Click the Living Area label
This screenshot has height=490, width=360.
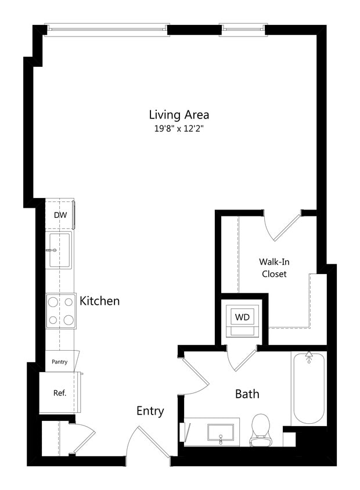[x=179, y=114]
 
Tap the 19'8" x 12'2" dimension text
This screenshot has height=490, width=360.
[x=179, y=129]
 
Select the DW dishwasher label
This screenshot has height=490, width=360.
[x=60, y=215]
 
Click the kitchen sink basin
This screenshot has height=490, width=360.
[x=60, y=250]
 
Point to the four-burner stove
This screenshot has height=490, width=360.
[x=61, y=311]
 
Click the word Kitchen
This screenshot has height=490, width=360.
[x=100, y=301]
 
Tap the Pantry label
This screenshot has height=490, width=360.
[x=60, y=362]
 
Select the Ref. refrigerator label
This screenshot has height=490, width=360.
[x=60, y=392]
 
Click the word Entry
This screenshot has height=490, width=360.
[x=150, y=411]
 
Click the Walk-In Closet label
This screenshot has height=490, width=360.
[x=274, y=268]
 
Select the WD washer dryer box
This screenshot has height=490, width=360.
[x=242, y=318]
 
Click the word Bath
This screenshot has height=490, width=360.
[x=247, y=394]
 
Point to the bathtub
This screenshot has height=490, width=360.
[x=308, y=388]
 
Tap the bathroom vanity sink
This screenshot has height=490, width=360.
[x=221, y=433]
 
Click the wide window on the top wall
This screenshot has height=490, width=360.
[x=107, y=27]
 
